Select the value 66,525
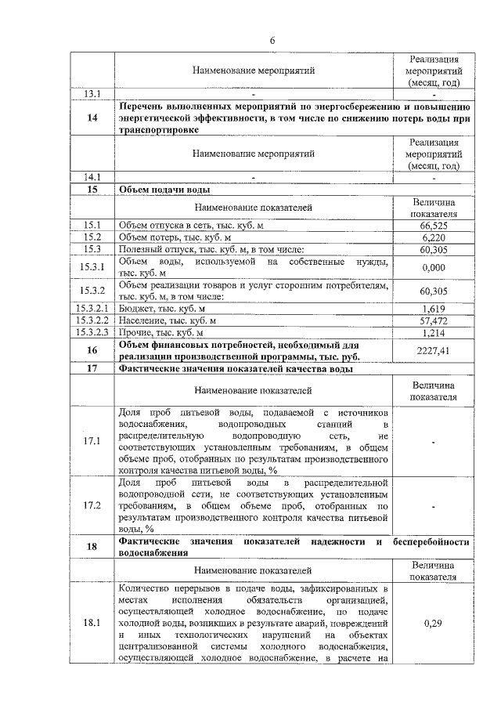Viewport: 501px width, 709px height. (433, 225)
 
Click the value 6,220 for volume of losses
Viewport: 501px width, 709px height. (433, 237)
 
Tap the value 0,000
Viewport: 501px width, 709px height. (433, 267)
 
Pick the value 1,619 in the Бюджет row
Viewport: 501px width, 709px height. (433, 309)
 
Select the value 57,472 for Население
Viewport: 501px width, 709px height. (433, 320)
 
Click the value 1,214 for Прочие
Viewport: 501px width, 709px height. (433, 332)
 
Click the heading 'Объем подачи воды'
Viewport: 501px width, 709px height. (164, 189)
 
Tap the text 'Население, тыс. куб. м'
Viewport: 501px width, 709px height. (168, 320)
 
